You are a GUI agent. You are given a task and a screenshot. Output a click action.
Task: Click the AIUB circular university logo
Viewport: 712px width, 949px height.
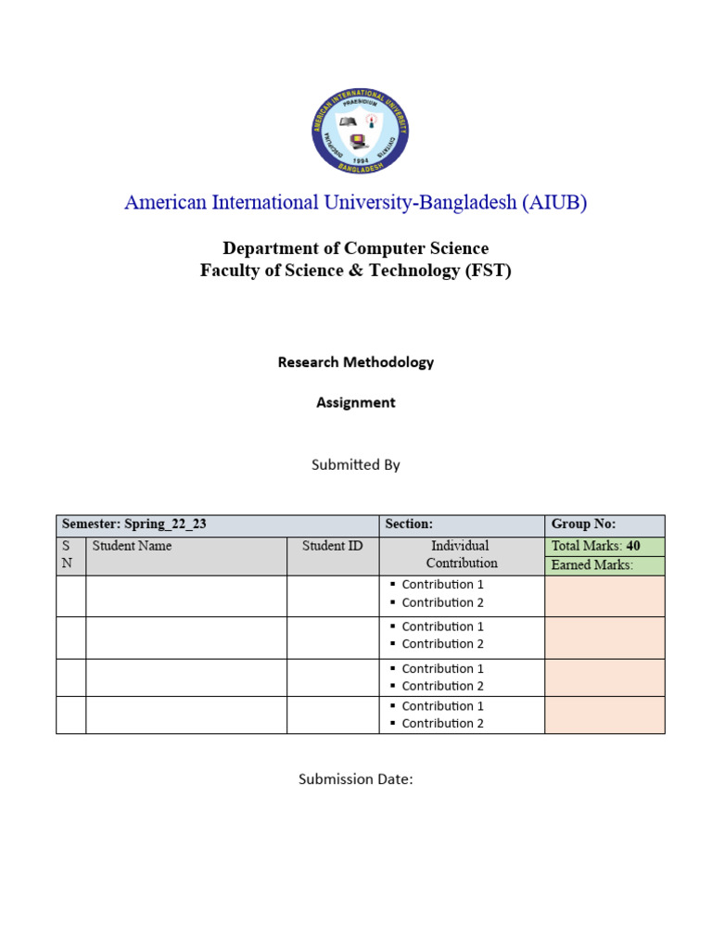point(360,131)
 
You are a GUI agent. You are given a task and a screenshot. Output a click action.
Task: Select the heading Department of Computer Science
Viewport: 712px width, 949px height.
point(355,248)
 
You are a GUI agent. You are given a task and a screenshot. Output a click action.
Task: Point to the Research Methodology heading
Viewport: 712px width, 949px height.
point(355,362)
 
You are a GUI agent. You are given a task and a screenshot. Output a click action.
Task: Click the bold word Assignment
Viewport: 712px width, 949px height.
point(355,402)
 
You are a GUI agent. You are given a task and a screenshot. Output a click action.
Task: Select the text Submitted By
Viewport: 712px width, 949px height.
point(355,464)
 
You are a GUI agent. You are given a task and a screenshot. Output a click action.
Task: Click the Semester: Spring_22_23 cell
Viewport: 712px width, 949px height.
point(134,525)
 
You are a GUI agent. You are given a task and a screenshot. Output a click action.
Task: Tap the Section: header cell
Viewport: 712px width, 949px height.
point(409,525)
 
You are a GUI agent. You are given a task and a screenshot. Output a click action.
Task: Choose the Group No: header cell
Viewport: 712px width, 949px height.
point(583,525)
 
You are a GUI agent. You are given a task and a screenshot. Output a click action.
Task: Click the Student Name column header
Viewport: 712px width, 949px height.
point(132,546)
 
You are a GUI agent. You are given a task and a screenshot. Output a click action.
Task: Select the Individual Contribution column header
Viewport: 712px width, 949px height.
point(462,554)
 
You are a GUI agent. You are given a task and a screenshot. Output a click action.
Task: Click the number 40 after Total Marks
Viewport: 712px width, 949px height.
point(633,546)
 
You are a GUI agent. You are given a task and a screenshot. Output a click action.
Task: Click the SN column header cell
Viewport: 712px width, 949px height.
point(70,555)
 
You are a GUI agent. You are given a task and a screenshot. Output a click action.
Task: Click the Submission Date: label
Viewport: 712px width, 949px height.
point(355,779)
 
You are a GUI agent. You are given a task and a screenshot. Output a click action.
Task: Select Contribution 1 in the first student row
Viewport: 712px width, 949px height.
point(442,585)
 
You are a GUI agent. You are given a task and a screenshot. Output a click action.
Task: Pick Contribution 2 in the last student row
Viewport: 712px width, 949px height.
point(442,724)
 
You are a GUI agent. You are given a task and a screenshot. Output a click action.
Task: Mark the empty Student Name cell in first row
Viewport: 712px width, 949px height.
point(185,595)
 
